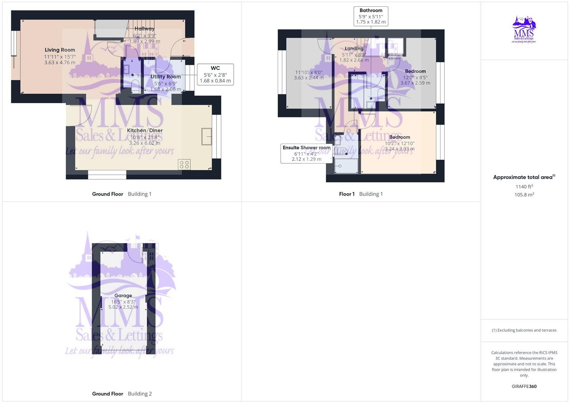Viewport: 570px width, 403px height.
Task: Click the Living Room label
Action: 60,50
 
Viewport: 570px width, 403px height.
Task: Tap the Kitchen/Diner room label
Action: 144,131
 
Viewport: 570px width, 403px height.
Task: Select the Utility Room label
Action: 165,77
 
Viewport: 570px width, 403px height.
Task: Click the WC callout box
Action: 215,74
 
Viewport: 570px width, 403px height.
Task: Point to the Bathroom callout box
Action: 371,16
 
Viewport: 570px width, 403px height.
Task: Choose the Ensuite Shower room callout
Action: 306,153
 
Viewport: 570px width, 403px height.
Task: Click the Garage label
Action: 123,296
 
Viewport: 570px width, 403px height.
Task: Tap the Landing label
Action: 354,49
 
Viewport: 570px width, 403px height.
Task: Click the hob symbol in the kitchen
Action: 184,164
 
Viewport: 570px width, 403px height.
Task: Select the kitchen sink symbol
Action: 206,136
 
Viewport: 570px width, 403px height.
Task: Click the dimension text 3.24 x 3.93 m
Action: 400,149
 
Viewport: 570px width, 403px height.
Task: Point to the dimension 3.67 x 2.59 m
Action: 415,83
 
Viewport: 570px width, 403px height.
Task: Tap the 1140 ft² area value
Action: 524,187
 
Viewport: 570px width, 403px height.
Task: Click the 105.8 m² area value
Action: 524,195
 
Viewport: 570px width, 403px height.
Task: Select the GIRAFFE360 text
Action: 524,387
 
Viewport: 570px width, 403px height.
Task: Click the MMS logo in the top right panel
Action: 524,30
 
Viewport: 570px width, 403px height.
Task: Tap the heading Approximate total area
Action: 524,177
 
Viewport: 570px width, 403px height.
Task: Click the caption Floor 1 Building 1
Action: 361,194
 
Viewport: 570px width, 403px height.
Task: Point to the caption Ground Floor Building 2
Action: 122,394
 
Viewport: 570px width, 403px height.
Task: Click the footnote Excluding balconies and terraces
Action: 524,330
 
